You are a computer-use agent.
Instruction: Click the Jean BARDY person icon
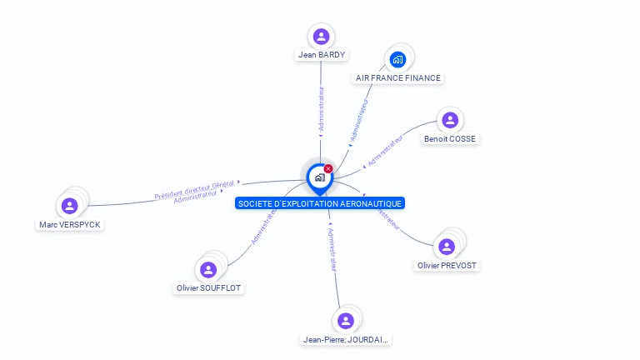pos(321,37)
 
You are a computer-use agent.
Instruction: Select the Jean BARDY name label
pos(321,55)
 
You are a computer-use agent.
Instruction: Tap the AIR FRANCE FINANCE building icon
pos(397,59)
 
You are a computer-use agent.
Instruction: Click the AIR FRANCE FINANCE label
pos(398,78)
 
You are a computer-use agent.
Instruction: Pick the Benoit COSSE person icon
pos(450,120)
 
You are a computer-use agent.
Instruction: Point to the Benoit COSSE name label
pos(450,138)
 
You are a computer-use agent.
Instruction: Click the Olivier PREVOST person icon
pos(447,247)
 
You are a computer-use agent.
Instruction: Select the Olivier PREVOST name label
pos(448,266)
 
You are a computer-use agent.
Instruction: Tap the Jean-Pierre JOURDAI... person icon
pos(346,321)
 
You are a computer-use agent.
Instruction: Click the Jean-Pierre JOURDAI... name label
pos(346,340)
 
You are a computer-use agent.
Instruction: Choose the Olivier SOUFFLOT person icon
pos(208,269)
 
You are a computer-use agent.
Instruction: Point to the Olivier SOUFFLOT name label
pos(210,288)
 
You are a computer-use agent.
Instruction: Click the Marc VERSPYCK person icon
pos(69,205)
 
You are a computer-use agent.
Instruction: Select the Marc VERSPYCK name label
pos(71,225)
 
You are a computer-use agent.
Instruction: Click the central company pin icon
pos(319,177)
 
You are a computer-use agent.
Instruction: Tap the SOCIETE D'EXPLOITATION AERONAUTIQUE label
pos(320,203)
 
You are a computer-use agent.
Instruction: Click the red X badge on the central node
pos(328,169)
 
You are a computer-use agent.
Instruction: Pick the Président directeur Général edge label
pos(194,189)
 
